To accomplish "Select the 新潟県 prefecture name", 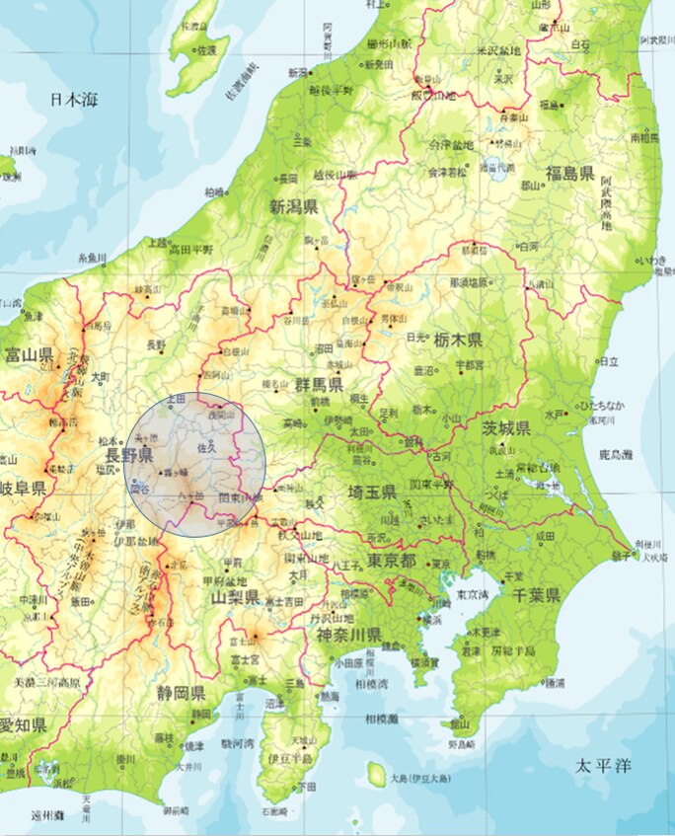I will (293, 207).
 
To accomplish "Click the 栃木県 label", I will (457, 340).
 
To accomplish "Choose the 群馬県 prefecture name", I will (318, 384).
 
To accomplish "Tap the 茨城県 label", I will (506, 427).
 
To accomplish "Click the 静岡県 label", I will (180, 692).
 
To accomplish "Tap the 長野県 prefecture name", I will (130, 455).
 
